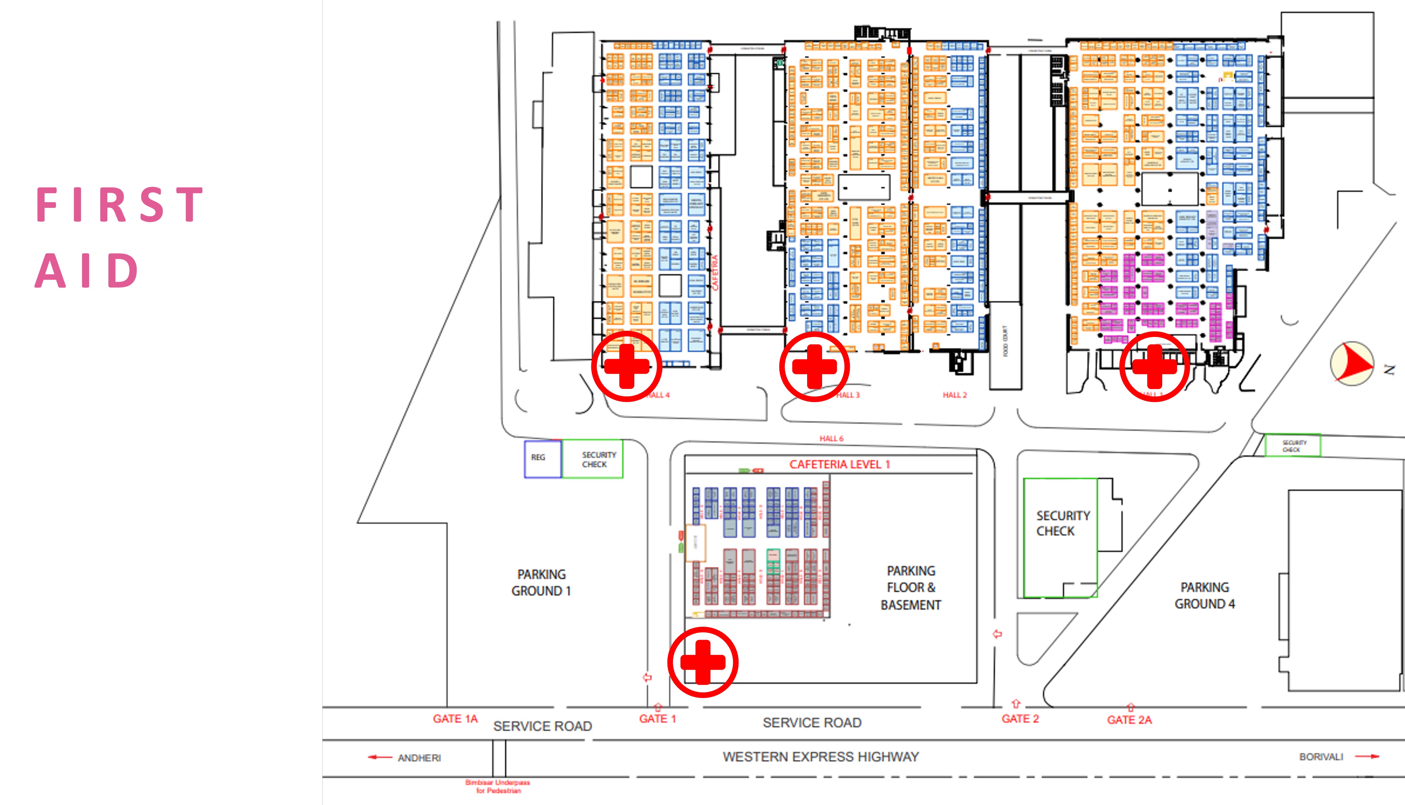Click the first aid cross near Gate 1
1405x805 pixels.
click(702, 662)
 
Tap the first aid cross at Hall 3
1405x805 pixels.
click(814, 367)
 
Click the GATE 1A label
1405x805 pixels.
click(455, 719)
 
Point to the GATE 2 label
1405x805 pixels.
click(1020, 719)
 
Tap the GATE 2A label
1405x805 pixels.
click(1129, 720)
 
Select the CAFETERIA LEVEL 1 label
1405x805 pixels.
click(839, 464)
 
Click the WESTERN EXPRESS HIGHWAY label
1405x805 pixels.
click(820, 757)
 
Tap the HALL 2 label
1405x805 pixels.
click(955, 395)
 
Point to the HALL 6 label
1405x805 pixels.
click(832, 438)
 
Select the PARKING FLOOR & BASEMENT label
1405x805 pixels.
click(911, 588)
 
